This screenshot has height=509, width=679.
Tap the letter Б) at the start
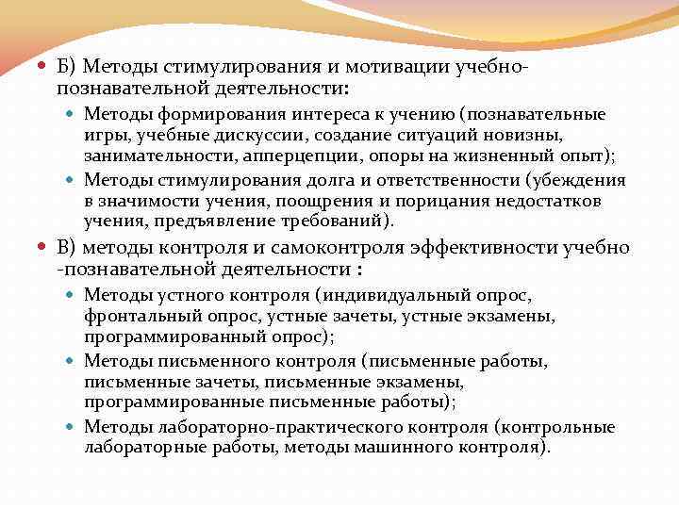click(x=66, y=67)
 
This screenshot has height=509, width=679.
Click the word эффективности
click(x=475, y=248)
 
